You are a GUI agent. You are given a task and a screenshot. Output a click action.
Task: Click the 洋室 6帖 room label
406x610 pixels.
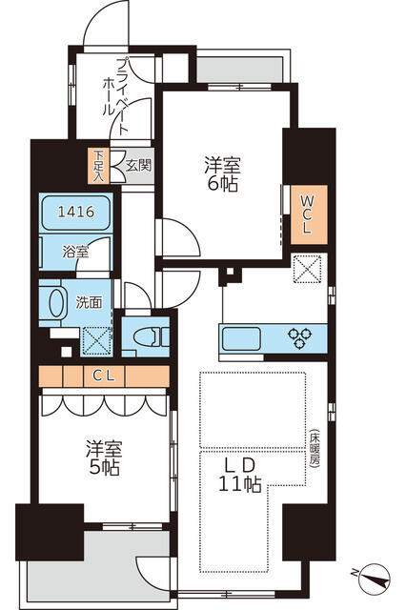point(222,173)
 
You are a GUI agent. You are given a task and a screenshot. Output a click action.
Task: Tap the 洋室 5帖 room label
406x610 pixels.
point(104,457)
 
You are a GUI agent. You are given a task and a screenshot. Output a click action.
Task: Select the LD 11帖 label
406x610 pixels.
point(239,475)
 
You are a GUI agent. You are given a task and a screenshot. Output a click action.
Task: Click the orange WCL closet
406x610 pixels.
point(309,214)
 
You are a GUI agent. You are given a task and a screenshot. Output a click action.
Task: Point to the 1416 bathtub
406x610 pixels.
point(76,213)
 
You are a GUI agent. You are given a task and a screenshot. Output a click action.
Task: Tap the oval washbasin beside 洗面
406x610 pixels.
point(56,303)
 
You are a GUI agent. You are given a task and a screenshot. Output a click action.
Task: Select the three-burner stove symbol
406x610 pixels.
point(299,338)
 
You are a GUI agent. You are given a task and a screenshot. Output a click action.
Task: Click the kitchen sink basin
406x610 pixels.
point(241,338)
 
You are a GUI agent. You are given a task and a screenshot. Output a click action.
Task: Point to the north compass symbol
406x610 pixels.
point(373,579)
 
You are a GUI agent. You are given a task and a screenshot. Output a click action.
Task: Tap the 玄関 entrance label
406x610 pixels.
point(138,166)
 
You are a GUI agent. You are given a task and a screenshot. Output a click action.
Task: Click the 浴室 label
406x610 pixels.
point(75,252)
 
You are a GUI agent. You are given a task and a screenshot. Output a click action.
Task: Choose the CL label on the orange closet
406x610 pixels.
point(104,376)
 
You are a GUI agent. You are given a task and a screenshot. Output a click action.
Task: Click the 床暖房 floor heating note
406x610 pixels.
point(315,448)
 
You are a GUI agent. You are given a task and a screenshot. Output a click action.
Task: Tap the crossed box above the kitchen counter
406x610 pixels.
point(307,269)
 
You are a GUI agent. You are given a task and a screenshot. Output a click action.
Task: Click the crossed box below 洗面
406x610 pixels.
point(97,341)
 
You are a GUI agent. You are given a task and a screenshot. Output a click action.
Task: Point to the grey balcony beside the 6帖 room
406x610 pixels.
point(239,70)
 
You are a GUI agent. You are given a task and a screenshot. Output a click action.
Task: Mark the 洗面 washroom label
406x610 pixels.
point(89,302)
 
